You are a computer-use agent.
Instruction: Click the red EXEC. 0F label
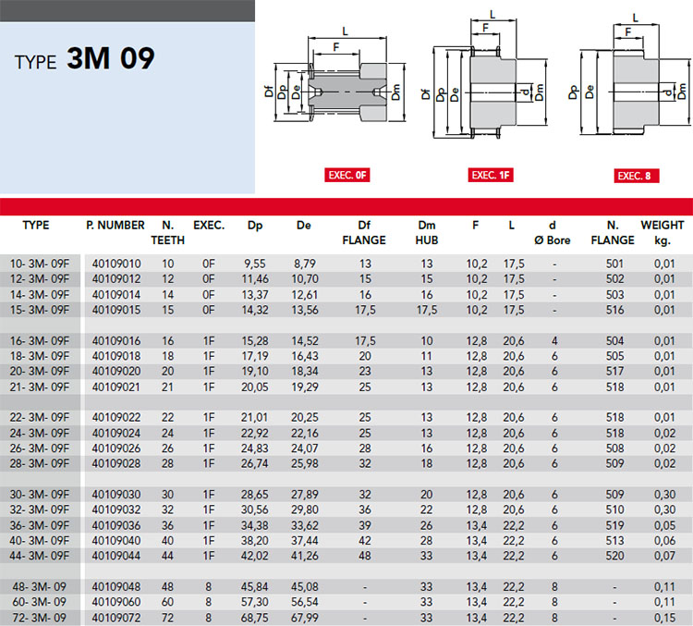click(x=346, y=175)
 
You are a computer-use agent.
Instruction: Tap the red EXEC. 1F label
click(x=491, y=175)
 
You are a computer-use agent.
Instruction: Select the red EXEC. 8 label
click(x=637, y=176)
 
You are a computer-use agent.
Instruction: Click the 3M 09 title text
click(x=111, y=58)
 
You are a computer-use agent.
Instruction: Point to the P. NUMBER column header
click(x=115, y=226)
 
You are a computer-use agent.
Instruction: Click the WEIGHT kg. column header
click(x=663, y=233)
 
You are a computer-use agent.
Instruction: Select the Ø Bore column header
click(x=553, y=240)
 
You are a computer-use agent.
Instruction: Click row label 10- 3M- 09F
click(x=40, y=264)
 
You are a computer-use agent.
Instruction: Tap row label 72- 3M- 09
click(x=40, y=618)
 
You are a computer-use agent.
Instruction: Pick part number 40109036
click(x=116, y=525)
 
